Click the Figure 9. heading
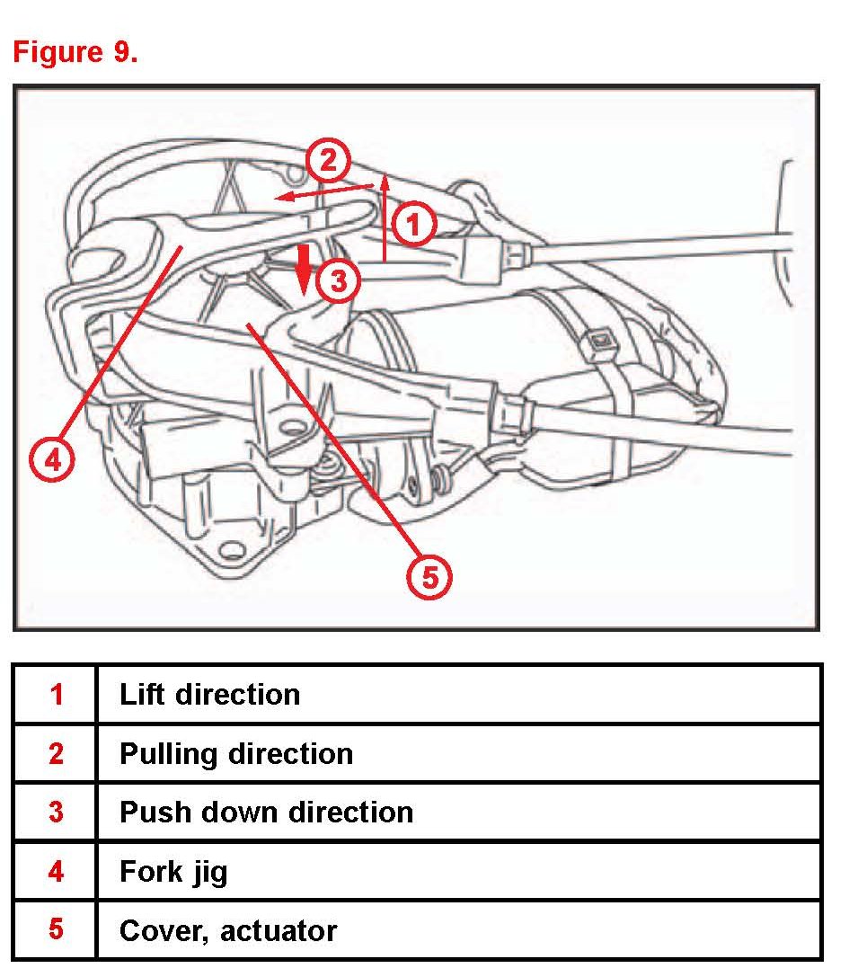pyautogui.click(x=75, y=51)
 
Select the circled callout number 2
pyautogui.click(x=328, y=161)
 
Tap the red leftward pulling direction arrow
pyautogui.click(x=323, y=191)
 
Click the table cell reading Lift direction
pyautogui.click(x=209, y=694)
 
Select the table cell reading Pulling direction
pyautogui.click(x=235, y=752)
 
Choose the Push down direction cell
pyautogui.click(x=266, y=812)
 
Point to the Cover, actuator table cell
pyautogui.click(x=228, y=929)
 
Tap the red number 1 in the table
pyautogui.click(x=57, y=694)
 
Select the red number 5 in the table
pyautogui.click(x=57, y=929)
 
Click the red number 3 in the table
pyautogui.click(x=57, y=812)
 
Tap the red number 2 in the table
pyautogui.click(x=57, y=752)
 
